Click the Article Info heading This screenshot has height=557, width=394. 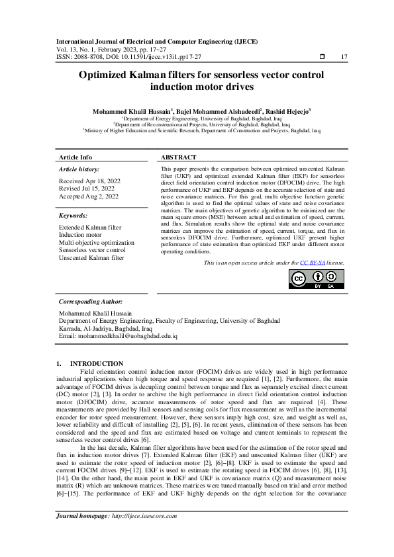(x=75, y=157)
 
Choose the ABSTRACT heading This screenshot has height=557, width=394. (x=179, y=157)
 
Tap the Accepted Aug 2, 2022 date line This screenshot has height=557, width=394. (x=89, y=196)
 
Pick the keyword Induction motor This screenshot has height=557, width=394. (x=80, y=235)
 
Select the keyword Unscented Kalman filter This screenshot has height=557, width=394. (x=91, y=258)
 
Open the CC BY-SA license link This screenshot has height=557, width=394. (x=313, y=263)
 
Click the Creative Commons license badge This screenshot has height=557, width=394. (x=317, y=280)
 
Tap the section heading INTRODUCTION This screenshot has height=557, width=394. (x=97, y=363)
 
